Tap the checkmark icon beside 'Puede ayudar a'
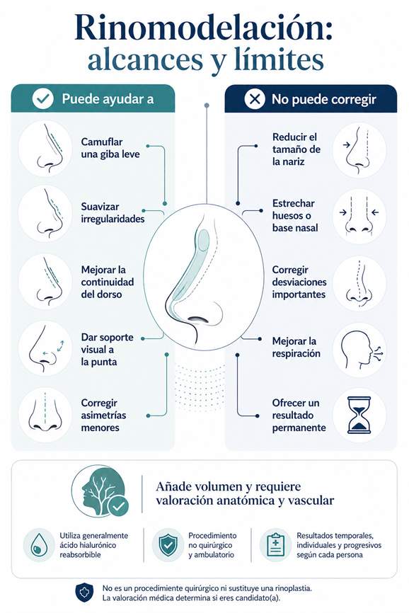(x=42, y=98)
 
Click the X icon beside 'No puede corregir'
(x=254, y=99)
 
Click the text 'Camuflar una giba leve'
(x=110, y=148)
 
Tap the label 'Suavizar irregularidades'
(x=113, y=212)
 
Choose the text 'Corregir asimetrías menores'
(x=103, y=416)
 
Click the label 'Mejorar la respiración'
(x=296, y=347)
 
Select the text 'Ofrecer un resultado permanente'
(x=299, y=416)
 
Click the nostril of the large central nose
(x=202, y=319)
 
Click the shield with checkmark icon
(x=168, y=545)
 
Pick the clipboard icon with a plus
(x=275, y=545)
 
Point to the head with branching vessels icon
(x=100, y=491)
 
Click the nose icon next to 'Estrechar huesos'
(x=359, y=217)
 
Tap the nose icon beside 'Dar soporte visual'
(x=45, y=348)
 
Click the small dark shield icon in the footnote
(x=84, y=592)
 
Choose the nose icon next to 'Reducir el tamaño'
(x=359, y=151)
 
